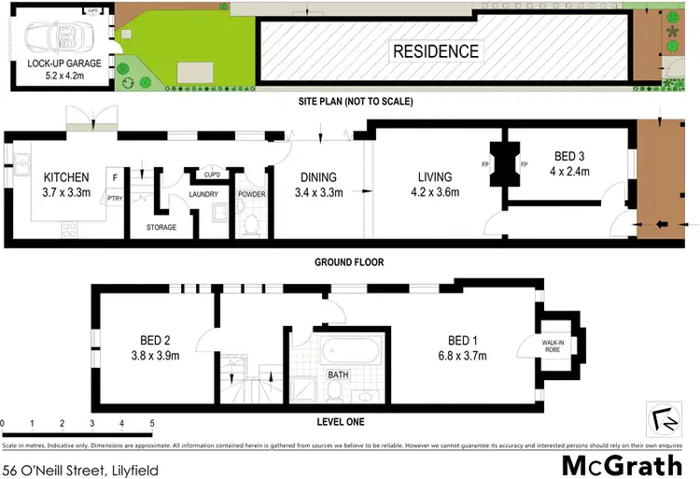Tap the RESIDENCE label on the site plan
pyautogui.click(x=435, y=51)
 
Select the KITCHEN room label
pyautogui.click(x=66, y=177)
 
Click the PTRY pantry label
pyautogui.click(x=115, y=197)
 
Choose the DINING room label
pyautogui.click(x=318, y=177)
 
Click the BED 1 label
pyautogui.click(x=467, y=341)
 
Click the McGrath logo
pyautogui.click(x=626, y=464)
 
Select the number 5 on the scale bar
pyautogui.click(x=152, y=423)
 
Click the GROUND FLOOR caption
pyautogui.click(x=350, y=262)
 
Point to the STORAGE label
pyautogui.click(x=161, y=227)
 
